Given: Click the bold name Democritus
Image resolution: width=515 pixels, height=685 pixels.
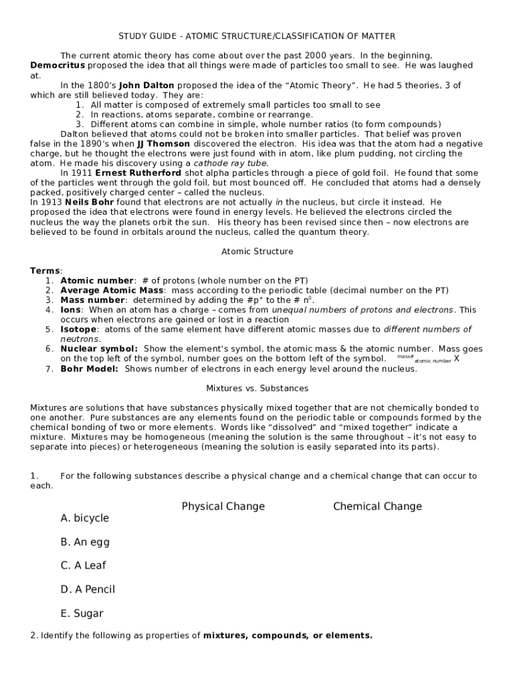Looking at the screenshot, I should (58, 66).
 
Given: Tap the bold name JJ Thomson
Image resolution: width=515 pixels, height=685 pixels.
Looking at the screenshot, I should (163, 144).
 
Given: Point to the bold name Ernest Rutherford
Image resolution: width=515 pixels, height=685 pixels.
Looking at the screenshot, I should (138, 173).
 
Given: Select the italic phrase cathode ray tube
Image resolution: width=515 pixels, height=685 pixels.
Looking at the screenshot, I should (231, 163).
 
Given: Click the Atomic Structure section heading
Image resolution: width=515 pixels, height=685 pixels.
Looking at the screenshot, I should (257, 252).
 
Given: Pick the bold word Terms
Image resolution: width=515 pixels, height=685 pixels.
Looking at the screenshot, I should (45, 271).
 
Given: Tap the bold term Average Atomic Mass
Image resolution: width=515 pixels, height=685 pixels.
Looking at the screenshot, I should (112, 290).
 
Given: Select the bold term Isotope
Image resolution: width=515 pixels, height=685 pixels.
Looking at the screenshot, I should (78, 329).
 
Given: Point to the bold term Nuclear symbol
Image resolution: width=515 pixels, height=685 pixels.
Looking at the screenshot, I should (99, 349).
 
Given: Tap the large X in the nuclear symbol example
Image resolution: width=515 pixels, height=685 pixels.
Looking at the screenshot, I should (456, 358).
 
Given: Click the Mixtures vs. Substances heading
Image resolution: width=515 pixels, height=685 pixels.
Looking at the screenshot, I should (257, 388).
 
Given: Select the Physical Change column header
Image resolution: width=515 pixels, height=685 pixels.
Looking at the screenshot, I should (223, 506).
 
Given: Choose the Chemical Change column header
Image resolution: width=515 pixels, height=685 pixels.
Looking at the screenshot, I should (377, 506).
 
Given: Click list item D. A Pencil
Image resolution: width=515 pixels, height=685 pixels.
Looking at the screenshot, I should (88, 589).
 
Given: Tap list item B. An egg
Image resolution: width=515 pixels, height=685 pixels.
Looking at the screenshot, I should (85, 542).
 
